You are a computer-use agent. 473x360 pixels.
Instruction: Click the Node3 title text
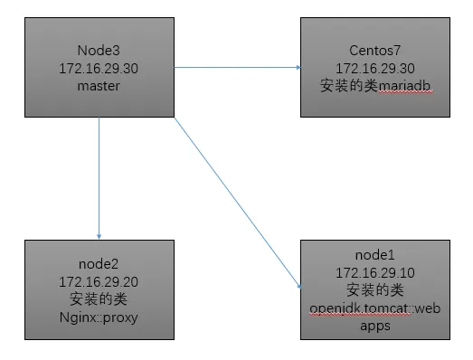click(99, 52)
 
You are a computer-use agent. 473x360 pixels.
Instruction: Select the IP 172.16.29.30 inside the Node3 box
click(99, 68)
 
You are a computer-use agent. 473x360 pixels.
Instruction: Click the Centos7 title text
click(374, 52)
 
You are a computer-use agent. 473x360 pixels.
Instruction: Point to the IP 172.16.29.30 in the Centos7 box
click(374, 68)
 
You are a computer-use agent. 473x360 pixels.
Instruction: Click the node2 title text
click(99, 264)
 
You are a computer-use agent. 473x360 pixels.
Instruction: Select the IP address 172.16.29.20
click(99, 280)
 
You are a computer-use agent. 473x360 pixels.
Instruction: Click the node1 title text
click(374, 255)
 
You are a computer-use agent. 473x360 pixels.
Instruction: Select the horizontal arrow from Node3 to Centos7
click(235, 67)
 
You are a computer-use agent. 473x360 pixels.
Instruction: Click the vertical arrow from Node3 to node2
click(99, 176)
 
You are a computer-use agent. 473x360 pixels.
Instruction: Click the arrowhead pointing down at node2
click(99, 234)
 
